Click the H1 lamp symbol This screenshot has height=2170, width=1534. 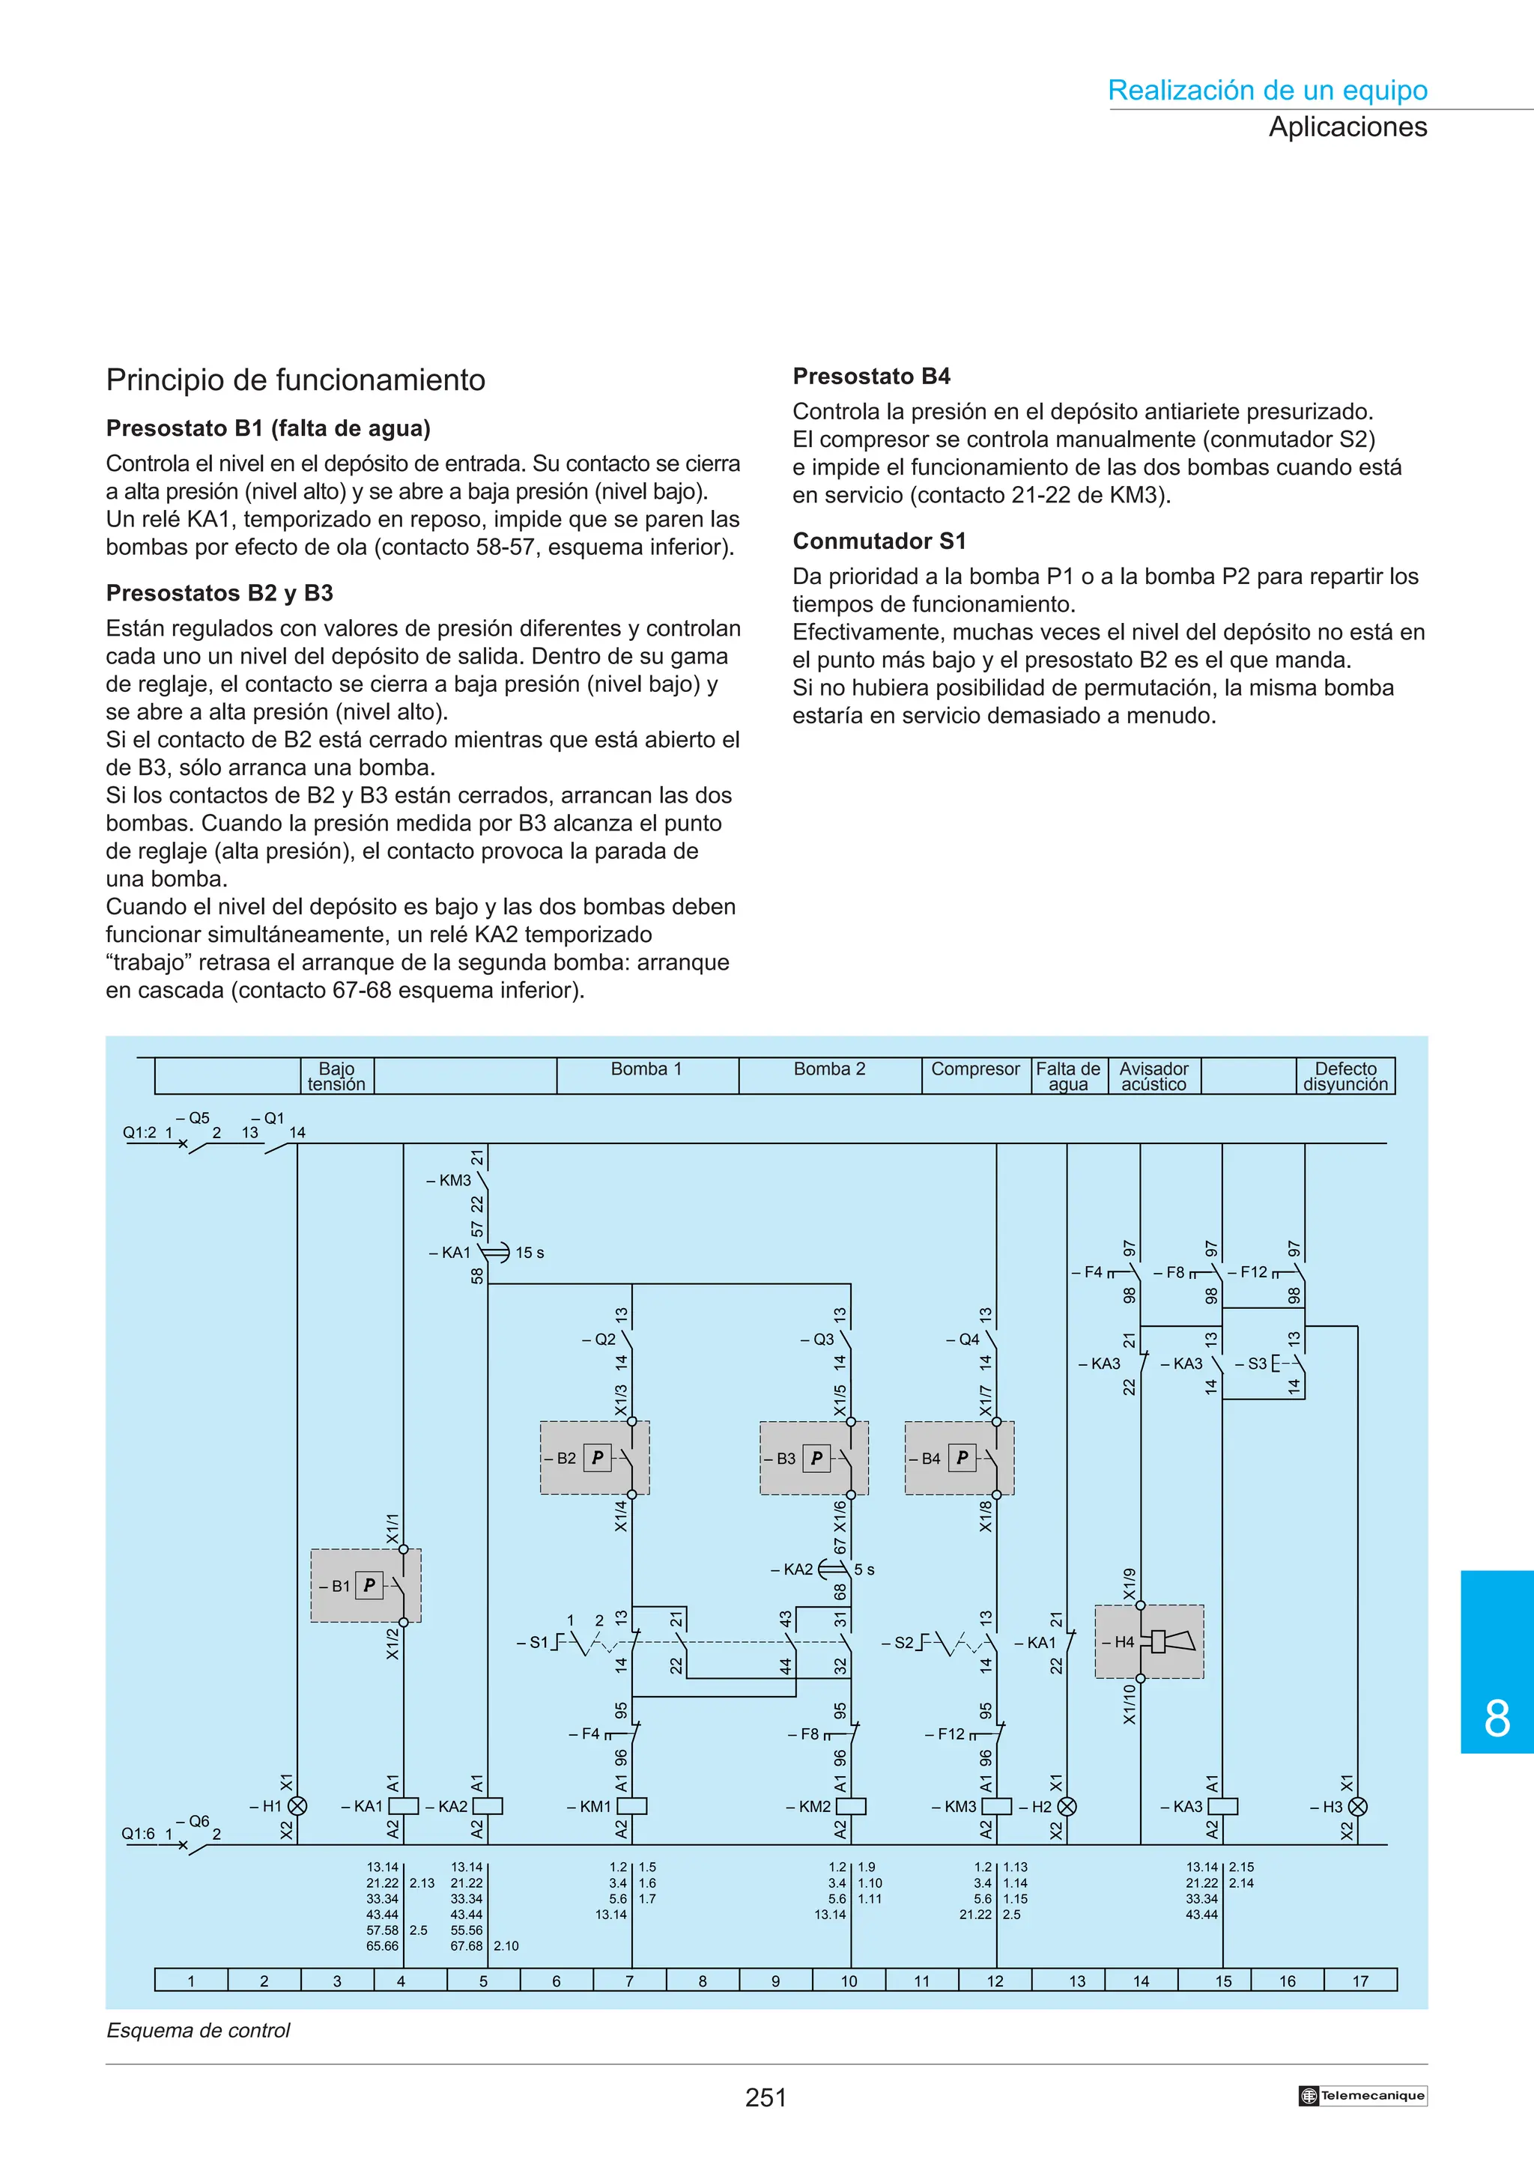pos(297,1806)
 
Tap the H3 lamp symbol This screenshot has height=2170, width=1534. pos(1357,1806)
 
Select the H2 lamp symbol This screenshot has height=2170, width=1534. pos(1067,1806)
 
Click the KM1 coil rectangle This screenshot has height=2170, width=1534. pos(631,1806)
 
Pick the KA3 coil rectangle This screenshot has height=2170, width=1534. pos(1223,1806)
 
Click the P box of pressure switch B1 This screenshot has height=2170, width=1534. pos(369,1585)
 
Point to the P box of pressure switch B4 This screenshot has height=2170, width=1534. pos(962,1457)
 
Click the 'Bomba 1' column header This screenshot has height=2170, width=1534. pos(646,1069)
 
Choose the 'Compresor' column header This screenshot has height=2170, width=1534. pos(975,1069)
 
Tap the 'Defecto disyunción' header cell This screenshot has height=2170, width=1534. pos(1346,1077)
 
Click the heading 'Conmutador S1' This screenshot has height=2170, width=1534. pos(879,541)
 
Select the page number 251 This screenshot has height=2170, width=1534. pos(766,2098)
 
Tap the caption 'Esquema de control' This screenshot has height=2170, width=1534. pos(198,2030)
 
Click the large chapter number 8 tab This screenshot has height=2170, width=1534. pos(1497,1718)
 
